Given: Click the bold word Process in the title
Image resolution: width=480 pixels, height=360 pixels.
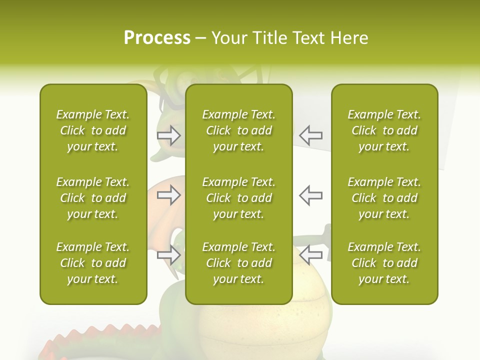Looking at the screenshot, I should point(157,38).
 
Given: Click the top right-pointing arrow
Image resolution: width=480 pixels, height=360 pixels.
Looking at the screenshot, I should point(168,135).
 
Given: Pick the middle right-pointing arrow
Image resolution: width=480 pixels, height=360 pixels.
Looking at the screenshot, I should point(168,195).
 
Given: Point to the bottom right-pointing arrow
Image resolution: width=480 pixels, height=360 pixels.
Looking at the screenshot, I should point(168,255).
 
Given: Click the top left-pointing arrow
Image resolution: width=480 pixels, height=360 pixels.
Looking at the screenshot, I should point(311,135).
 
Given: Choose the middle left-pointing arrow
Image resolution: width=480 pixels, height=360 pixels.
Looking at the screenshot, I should point(311,195).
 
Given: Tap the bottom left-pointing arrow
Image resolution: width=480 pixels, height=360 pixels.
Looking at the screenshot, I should point(311,254).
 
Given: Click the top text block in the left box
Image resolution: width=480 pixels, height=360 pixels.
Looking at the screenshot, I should point(93,130).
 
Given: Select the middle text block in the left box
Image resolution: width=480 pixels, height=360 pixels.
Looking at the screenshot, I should point(93,198).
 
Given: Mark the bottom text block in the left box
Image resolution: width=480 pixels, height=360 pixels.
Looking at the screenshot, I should point(93,263).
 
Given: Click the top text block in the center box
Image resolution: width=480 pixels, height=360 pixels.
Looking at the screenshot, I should point(239,130).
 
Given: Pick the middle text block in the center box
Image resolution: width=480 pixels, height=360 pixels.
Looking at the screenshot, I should point(239,198).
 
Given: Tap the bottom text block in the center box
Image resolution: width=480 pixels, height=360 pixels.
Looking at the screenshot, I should point(239,263).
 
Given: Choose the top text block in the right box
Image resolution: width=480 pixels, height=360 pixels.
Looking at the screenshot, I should point(384,130).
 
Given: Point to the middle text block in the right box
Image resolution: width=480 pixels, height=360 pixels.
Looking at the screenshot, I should point(384,198).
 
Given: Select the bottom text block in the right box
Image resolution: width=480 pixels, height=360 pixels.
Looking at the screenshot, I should point(384,263).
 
